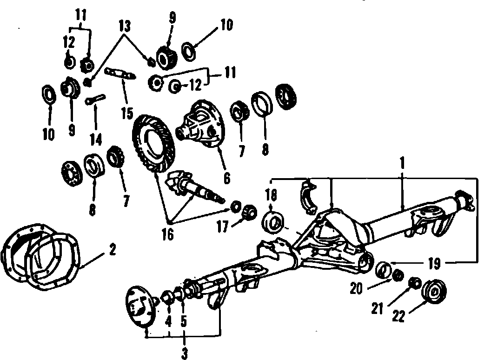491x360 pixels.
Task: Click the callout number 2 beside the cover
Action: point(112,249)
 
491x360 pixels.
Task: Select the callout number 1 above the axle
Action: point(403,164)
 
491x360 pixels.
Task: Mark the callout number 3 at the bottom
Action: point(184,353)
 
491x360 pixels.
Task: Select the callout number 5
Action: point(184,321)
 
